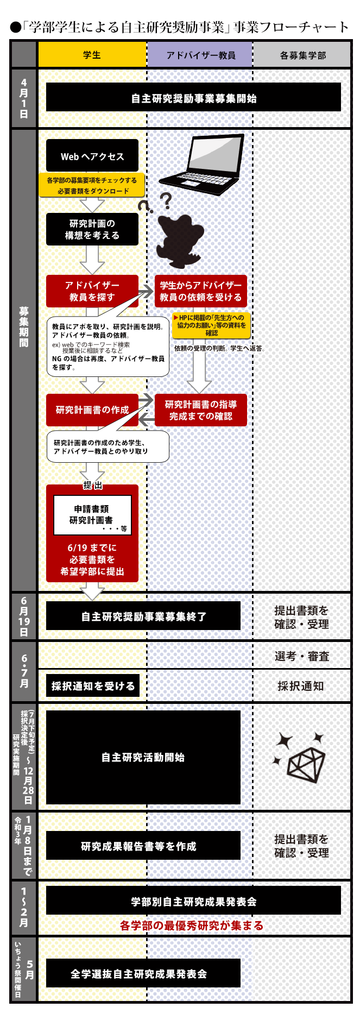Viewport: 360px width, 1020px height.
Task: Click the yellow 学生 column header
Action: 92,55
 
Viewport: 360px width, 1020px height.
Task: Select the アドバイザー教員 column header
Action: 200,55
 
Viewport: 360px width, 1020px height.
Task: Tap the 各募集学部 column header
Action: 302,55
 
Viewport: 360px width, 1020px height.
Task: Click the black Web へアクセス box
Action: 92,156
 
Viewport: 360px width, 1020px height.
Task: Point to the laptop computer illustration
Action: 202,164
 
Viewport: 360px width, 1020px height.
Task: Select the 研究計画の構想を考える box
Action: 92,229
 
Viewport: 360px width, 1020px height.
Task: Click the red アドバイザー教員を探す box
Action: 92,291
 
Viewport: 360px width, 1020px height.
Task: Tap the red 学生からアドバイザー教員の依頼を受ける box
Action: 201,291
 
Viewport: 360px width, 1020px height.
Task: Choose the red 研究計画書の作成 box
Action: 92,410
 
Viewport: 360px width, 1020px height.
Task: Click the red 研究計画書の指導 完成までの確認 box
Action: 201,410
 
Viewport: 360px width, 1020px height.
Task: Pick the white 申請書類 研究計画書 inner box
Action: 92,515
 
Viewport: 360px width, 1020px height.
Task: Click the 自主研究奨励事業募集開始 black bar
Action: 193,97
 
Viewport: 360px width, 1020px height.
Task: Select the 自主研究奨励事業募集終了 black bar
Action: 143,616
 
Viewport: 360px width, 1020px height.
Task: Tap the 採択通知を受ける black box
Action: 93,685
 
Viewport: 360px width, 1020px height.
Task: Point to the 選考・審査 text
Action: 302,656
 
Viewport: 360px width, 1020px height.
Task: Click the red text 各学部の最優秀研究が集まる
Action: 192,925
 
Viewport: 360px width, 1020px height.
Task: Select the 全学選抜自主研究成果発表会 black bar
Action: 143,973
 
